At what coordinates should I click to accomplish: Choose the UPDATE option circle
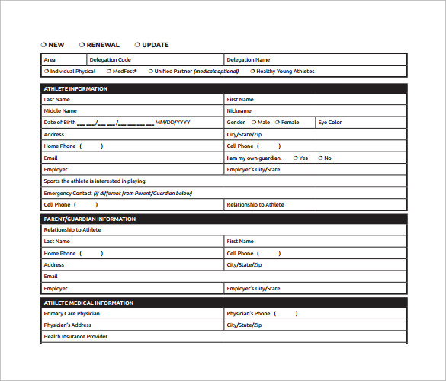coord(137,45)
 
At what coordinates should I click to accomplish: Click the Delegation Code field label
coord(110,59)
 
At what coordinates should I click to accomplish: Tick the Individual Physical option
coord(47,72)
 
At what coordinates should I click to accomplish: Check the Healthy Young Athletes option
coord(252,72)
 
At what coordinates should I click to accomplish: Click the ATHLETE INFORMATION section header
coord(75,89)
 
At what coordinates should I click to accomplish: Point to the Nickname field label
coord(239,110)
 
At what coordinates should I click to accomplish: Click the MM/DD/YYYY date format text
coord(173,123)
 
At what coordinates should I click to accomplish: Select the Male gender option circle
coord(253,122)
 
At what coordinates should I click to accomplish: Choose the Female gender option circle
coord(278,122)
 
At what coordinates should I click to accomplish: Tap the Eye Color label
coord(330,122)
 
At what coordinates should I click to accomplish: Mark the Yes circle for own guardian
coord(294,158)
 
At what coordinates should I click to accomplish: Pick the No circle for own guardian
coord(319,158)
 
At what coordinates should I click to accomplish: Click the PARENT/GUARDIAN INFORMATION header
coord(89,219)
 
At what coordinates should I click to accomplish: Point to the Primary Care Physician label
coord(72,313)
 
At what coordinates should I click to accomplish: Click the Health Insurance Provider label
coord(75,336)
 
